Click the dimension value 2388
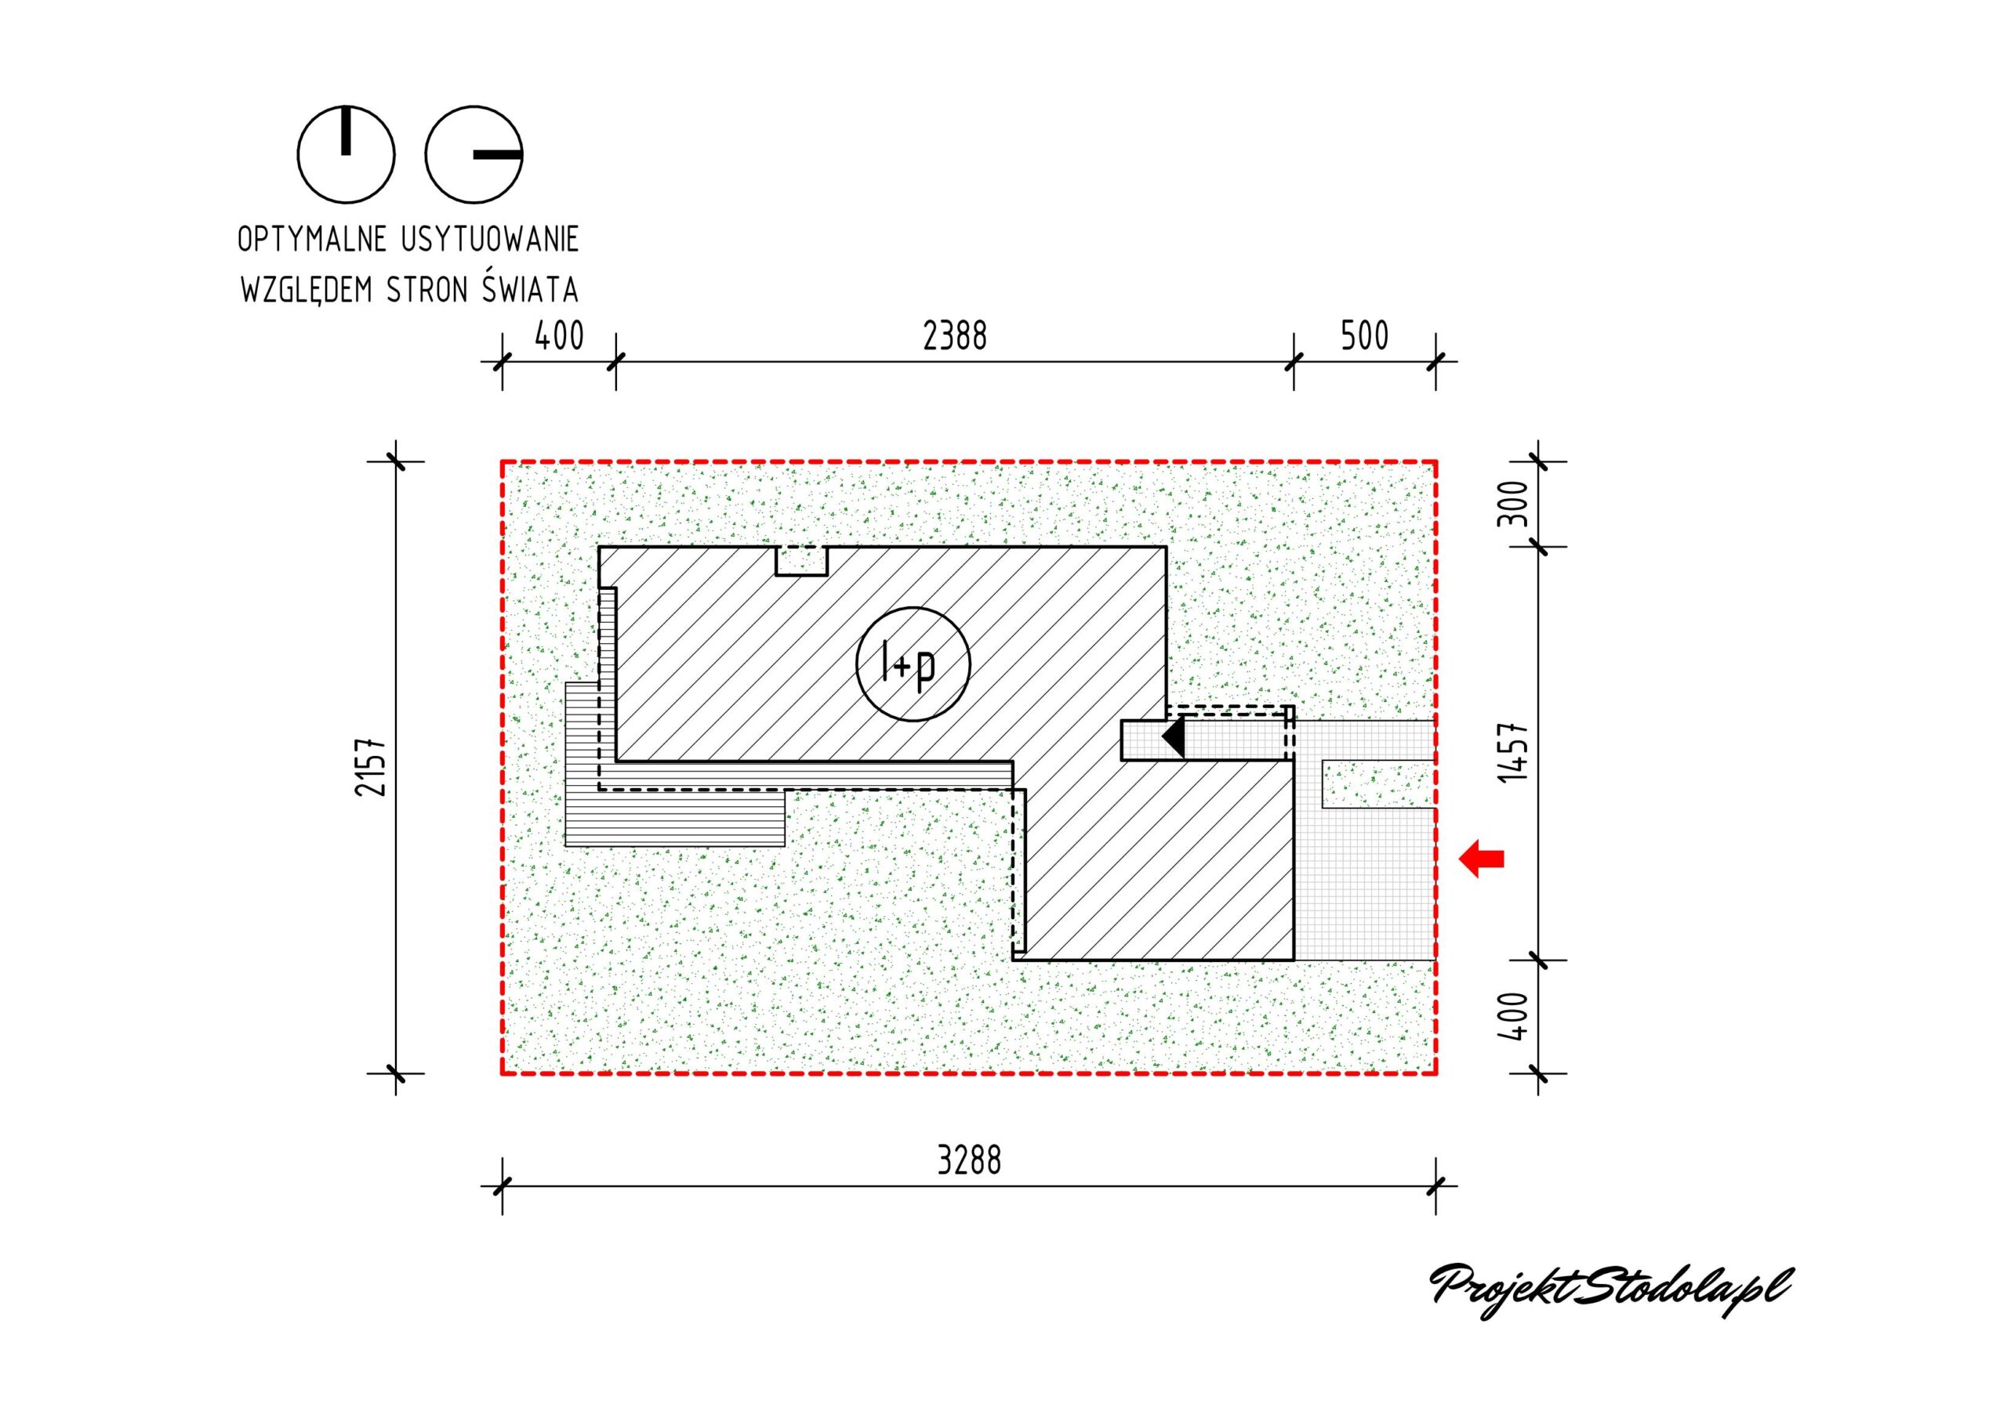tap(955, 336)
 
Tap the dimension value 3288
tap(968, 1161)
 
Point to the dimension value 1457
tap(1513, 752)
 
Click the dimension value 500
tap(1364, 336)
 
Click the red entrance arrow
tap(1482, 859)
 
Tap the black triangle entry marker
tap(1173, 736)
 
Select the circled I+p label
tap(913, 664)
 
